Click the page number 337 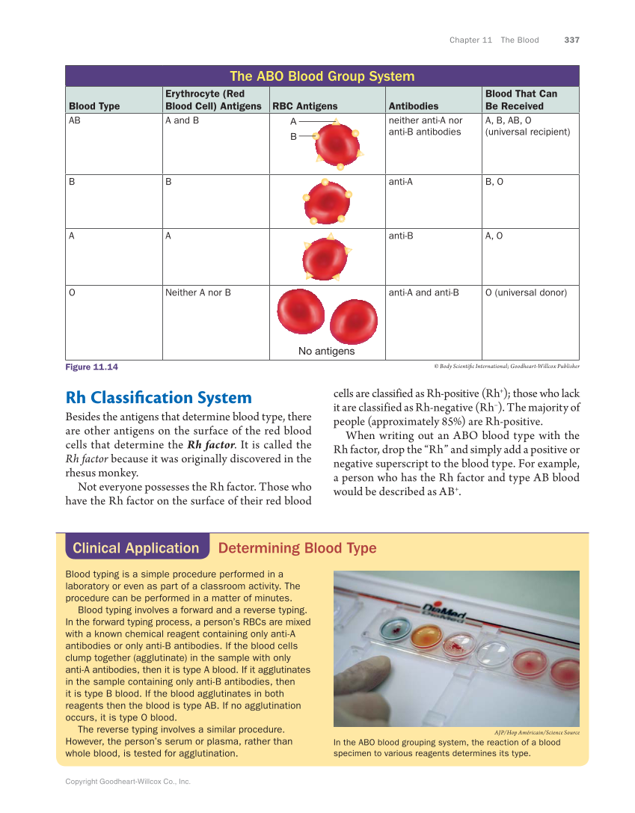point(571,40)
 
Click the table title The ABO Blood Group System point(322,76)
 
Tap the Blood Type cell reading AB point(75,120)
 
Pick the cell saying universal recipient point(527,132)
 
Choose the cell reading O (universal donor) point(526,292)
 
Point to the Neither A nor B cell point(197,292)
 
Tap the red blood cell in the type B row point(326,202)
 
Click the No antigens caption point(326,351)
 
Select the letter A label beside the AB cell point(294,121)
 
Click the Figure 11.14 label point(91,366)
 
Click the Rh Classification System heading point(159,397)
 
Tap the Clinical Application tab point(136,548)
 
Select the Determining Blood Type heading point(297,548)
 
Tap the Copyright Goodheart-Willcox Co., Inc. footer point(128,781)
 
